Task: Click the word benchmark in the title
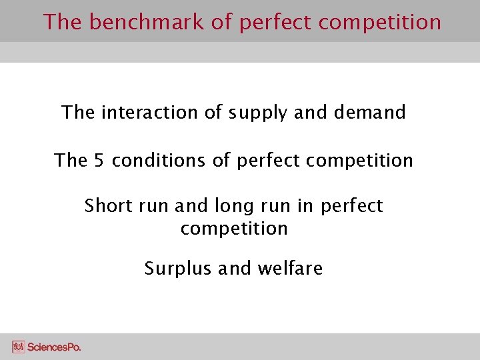point(147,22)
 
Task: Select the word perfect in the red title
point(273,22)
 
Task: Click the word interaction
point(150,112)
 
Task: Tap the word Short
point(108,206)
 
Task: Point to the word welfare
point(291,269)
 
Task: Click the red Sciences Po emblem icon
point(18,347)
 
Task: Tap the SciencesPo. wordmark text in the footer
point(54,347)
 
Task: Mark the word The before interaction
point(78,112)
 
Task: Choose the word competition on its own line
point(234,229)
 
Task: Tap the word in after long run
point(305,206)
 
